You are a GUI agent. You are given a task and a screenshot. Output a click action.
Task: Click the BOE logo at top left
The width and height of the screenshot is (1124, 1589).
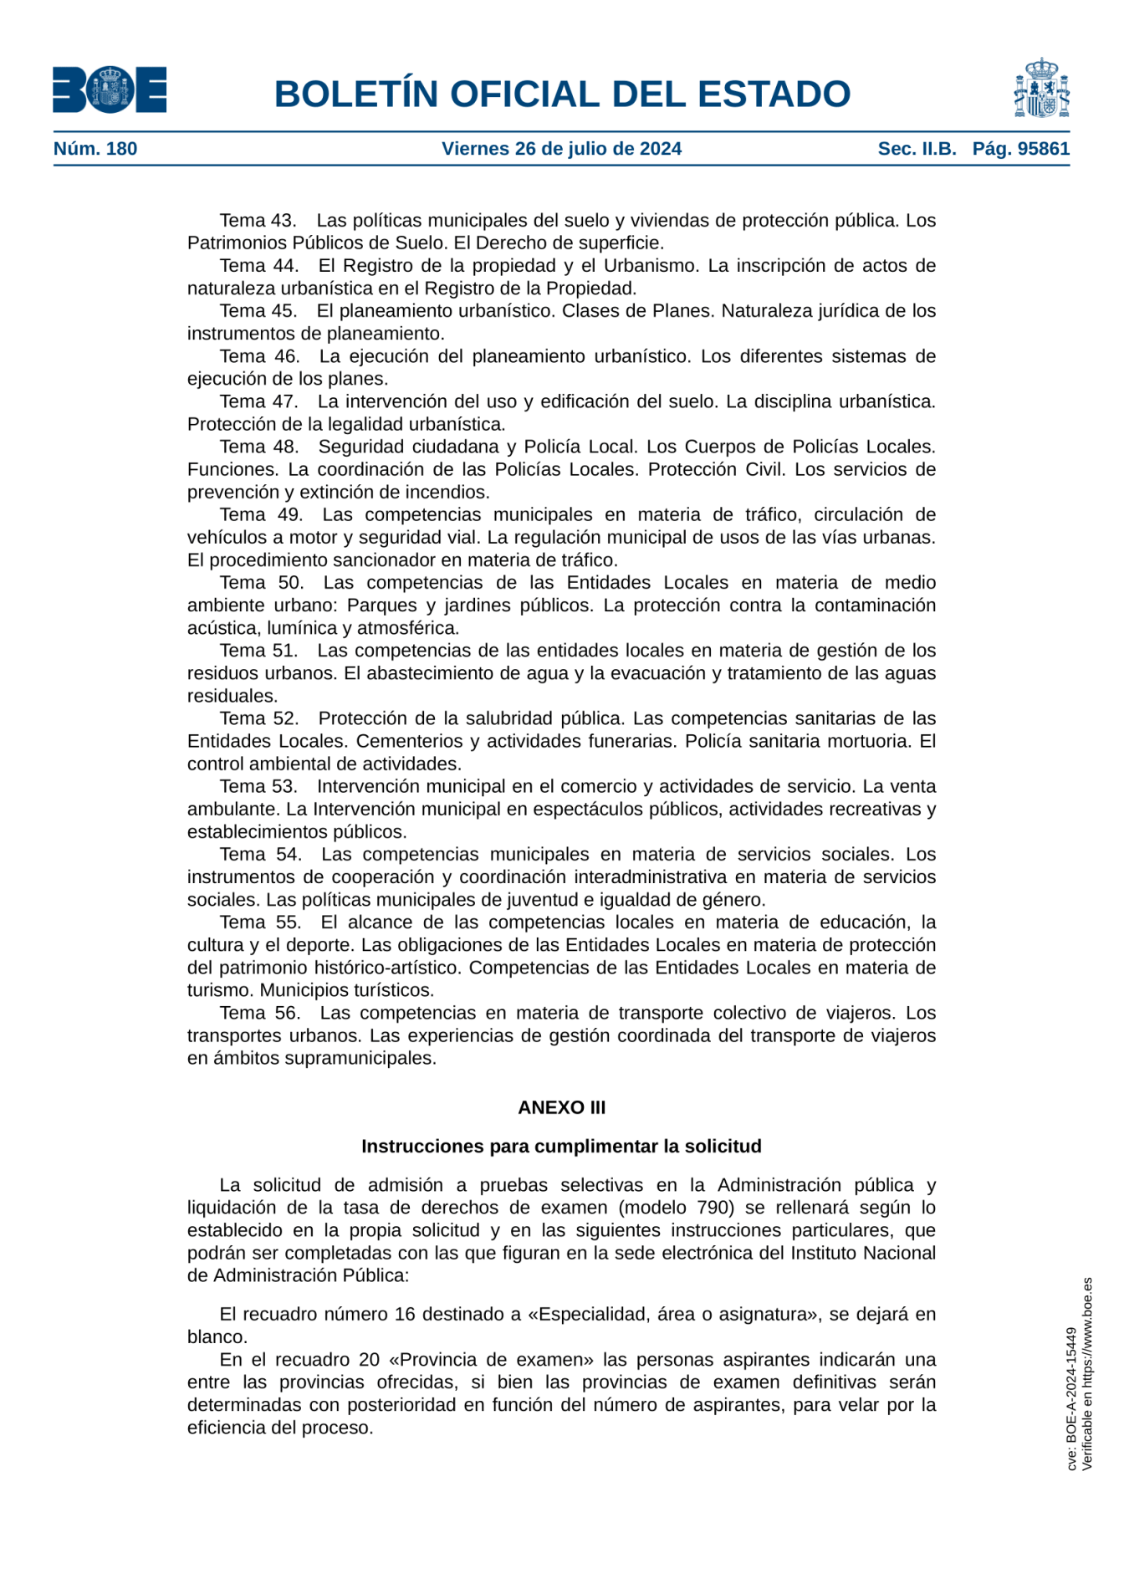click(x=110, y=90)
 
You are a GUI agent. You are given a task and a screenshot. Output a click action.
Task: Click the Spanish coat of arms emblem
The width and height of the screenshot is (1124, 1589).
click(x=1041, y=89)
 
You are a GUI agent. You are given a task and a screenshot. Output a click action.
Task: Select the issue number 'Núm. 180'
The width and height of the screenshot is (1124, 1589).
click(x=95, y=149)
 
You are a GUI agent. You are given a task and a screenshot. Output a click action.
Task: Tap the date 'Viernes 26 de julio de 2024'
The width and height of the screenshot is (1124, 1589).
click(x=561, y=149)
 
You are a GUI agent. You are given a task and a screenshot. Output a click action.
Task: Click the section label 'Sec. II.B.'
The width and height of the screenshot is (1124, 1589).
click(x=917, y=149)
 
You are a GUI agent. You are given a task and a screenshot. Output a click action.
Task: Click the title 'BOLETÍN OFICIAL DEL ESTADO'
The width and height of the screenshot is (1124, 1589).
click(x=562, y=94)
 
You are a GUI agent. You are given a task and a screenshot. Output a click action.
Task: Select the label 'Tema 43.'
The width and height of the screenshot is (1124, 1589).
click(x=258, y=221)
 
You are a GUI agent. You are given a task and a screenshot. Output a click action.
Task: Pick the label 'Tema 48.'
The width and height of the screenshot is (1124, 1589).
click(x=258, y=447)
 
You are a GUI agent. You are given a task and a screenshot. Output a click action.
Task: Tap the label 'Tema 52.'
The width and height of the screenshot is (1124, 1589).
click(x=258, y=718)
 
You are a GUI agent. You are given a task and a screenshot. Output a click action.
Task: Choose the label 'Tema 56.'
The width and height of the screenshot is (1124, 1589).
click(x=259, y=1013)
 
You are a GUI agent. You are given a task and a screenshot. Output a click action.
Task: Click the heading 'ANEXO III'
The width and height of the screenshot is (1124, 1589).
click(x=561, y=1107)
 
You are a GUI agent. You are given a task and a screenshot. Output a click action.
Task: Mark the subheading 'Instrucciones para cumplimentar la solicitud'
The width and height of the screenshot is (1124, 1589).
click(x=561, y=1146)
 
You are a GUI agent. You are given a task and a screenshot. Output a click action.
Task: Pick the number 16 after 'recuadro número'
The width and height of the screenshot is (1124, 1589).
click(x=405, y=1314)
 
